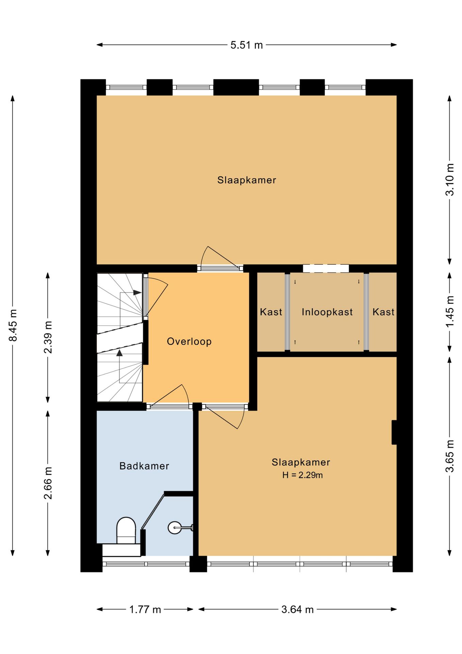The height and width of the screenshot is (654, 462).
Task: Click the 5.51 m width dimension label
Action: tap(247, 45)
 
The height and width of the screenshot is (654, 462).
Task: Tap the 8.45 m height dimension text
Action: tap(13, 325)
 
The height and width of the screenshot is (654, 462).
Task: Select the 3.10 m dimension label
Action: tap(450, 180)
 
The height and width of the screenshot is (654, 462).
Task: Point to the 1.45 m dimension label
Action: tap(450, 312)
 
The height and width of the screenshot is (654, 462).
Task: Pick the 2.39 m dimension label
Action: tap(48, 337)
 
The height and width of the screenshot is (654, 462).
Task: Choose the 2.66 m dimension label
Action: tap(48, 483)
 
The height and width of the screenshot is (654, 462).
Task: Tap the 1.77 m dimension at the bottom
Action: tap(145, 609)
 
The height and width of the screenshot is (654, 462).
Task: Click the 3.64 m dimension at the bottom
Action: tap(297, 609)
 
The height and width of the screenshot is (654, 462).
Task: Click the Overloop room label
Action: tap(189, 341)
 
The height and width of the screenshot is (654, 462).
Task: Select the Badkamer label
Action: tap(144, 466)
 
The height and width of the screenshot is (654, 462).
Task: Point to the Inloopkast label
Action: tap(327, 312)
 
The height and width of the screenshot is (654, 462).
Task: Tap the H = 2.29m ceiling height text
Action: tap(302, 475)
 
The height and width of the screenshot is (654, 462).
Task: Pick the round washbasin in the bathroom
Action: tap(175, 528)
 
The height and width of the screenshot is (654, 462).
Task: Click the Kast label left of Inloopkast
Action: tap(271, 312)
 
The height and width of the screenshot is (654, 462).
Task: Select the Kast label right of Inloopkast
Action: tap(383, 312)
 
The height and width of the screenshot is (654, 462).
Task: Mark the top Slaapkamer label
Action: tap(247, 180)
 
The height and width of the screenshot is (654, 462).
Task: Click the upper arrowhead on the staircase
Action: tap(137, 293)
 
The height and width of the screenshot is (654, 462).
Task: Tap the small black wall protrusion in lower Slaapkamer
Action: tap(394, 432)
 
